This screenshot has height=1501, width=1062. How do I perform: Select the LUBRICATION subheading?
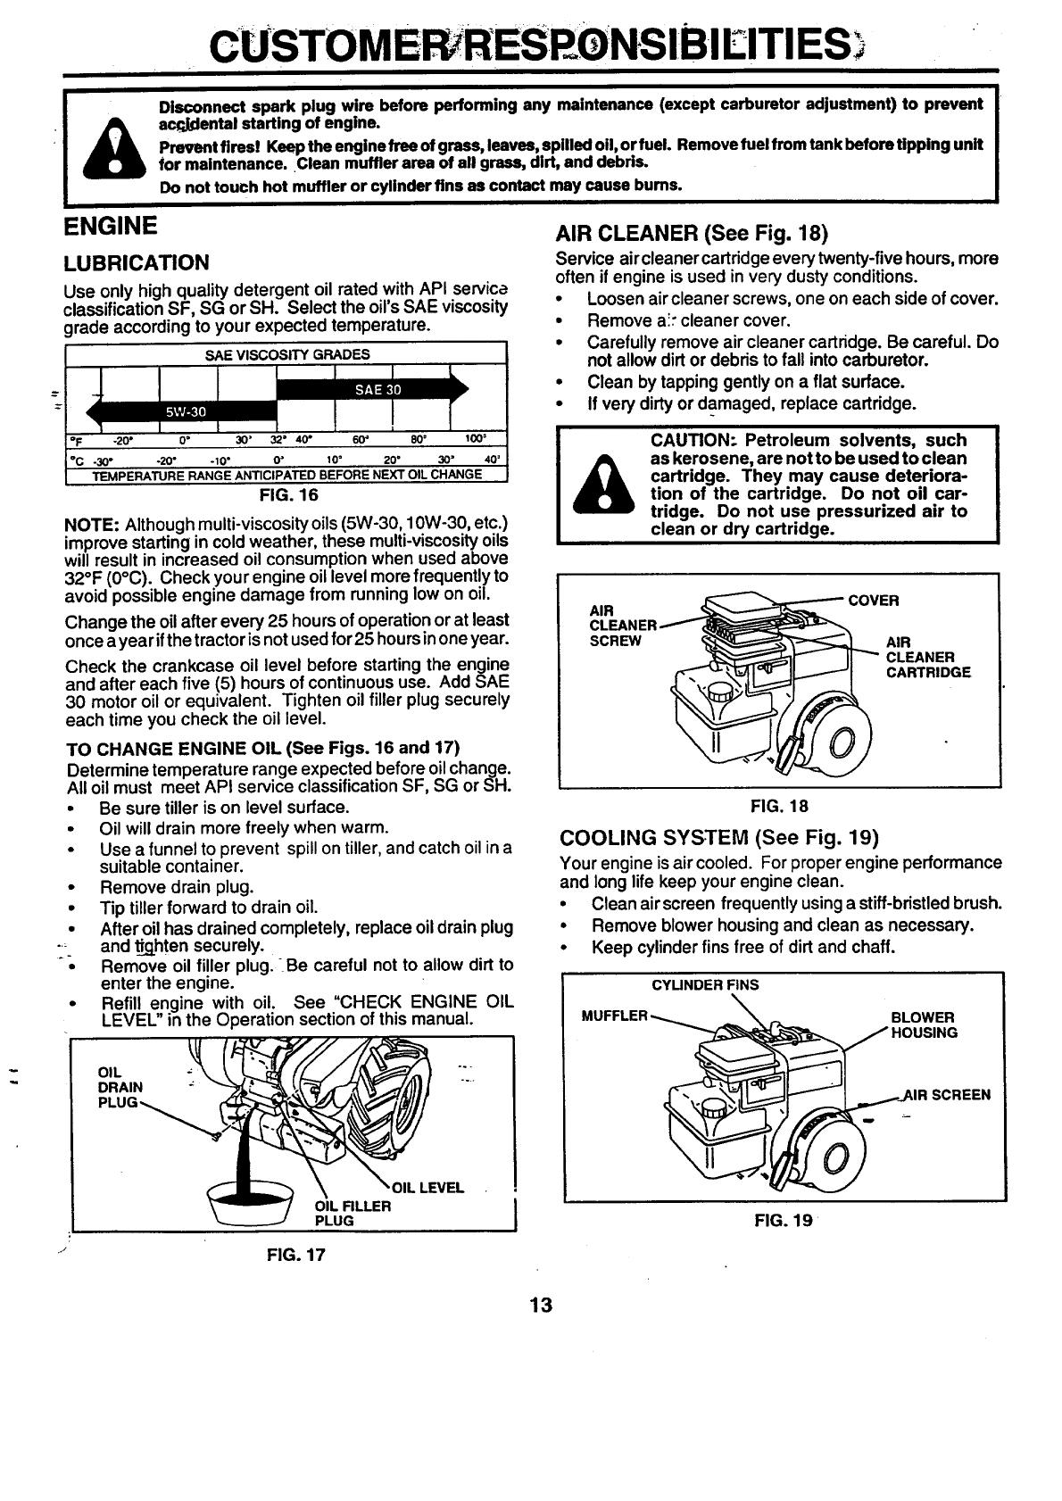point(137,262)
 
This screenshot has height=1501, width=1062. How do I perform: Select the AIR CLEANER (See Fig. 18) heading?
point(693,234)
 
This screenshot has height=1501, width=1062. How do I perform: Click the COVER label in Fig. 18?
point(873,601)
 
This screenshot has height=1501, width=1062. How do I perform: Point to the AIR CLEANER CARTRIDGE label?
point(927,657)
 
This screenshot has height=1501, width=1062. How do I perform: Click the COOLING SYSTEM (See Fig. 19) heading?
point(719,838)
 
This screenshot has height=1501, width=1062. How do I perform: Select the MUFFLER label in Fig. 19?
point(614,1016)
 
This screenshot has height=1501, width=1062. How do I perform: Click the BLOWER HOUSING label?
point(924,1024)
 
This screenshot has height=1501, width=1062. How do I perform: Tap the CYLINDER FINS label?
point(705,985)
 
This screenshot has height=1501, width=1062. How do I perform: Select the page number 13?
point(540,1306)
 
